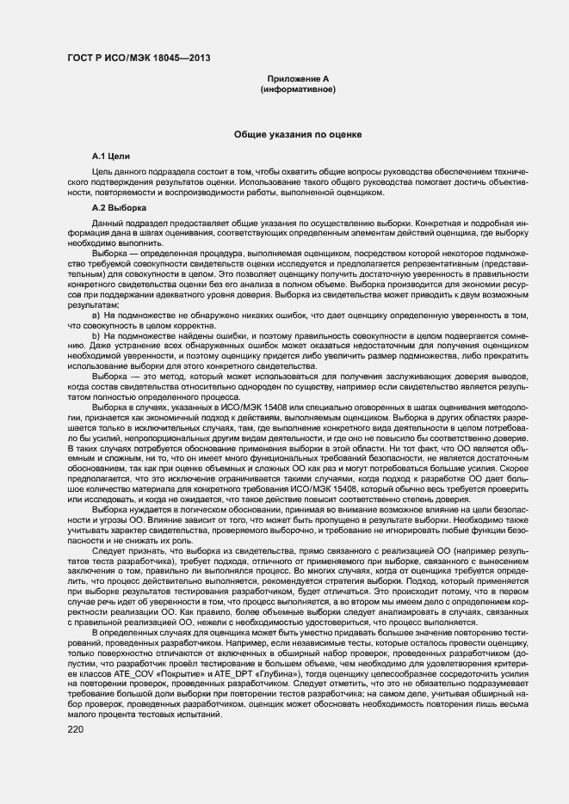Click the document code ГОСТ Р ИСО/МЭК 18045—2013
(139, 59)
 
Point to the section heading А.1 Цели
(111, 157)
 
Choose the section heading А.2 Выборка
(119, 208)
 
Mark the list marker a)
(96, 316)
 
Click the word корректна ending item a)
(186, 326)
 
